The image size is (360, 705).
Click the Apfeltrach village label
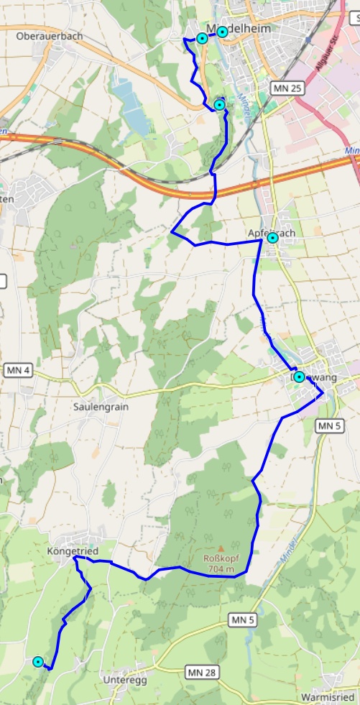click(271, 233)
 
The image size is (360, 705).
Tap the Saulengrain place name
click(101, 406)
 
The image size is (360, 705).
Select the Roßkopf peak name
click(221, 558)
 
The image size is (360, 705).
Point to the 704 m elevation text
click(221, 570)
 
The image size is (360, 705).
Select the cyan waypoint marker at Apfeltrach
click(272, 238)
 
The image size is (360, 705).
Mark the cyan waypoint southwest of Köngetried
click(38, 662)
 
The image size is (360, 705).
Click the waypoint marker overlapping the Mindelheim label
click(222, 32)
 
